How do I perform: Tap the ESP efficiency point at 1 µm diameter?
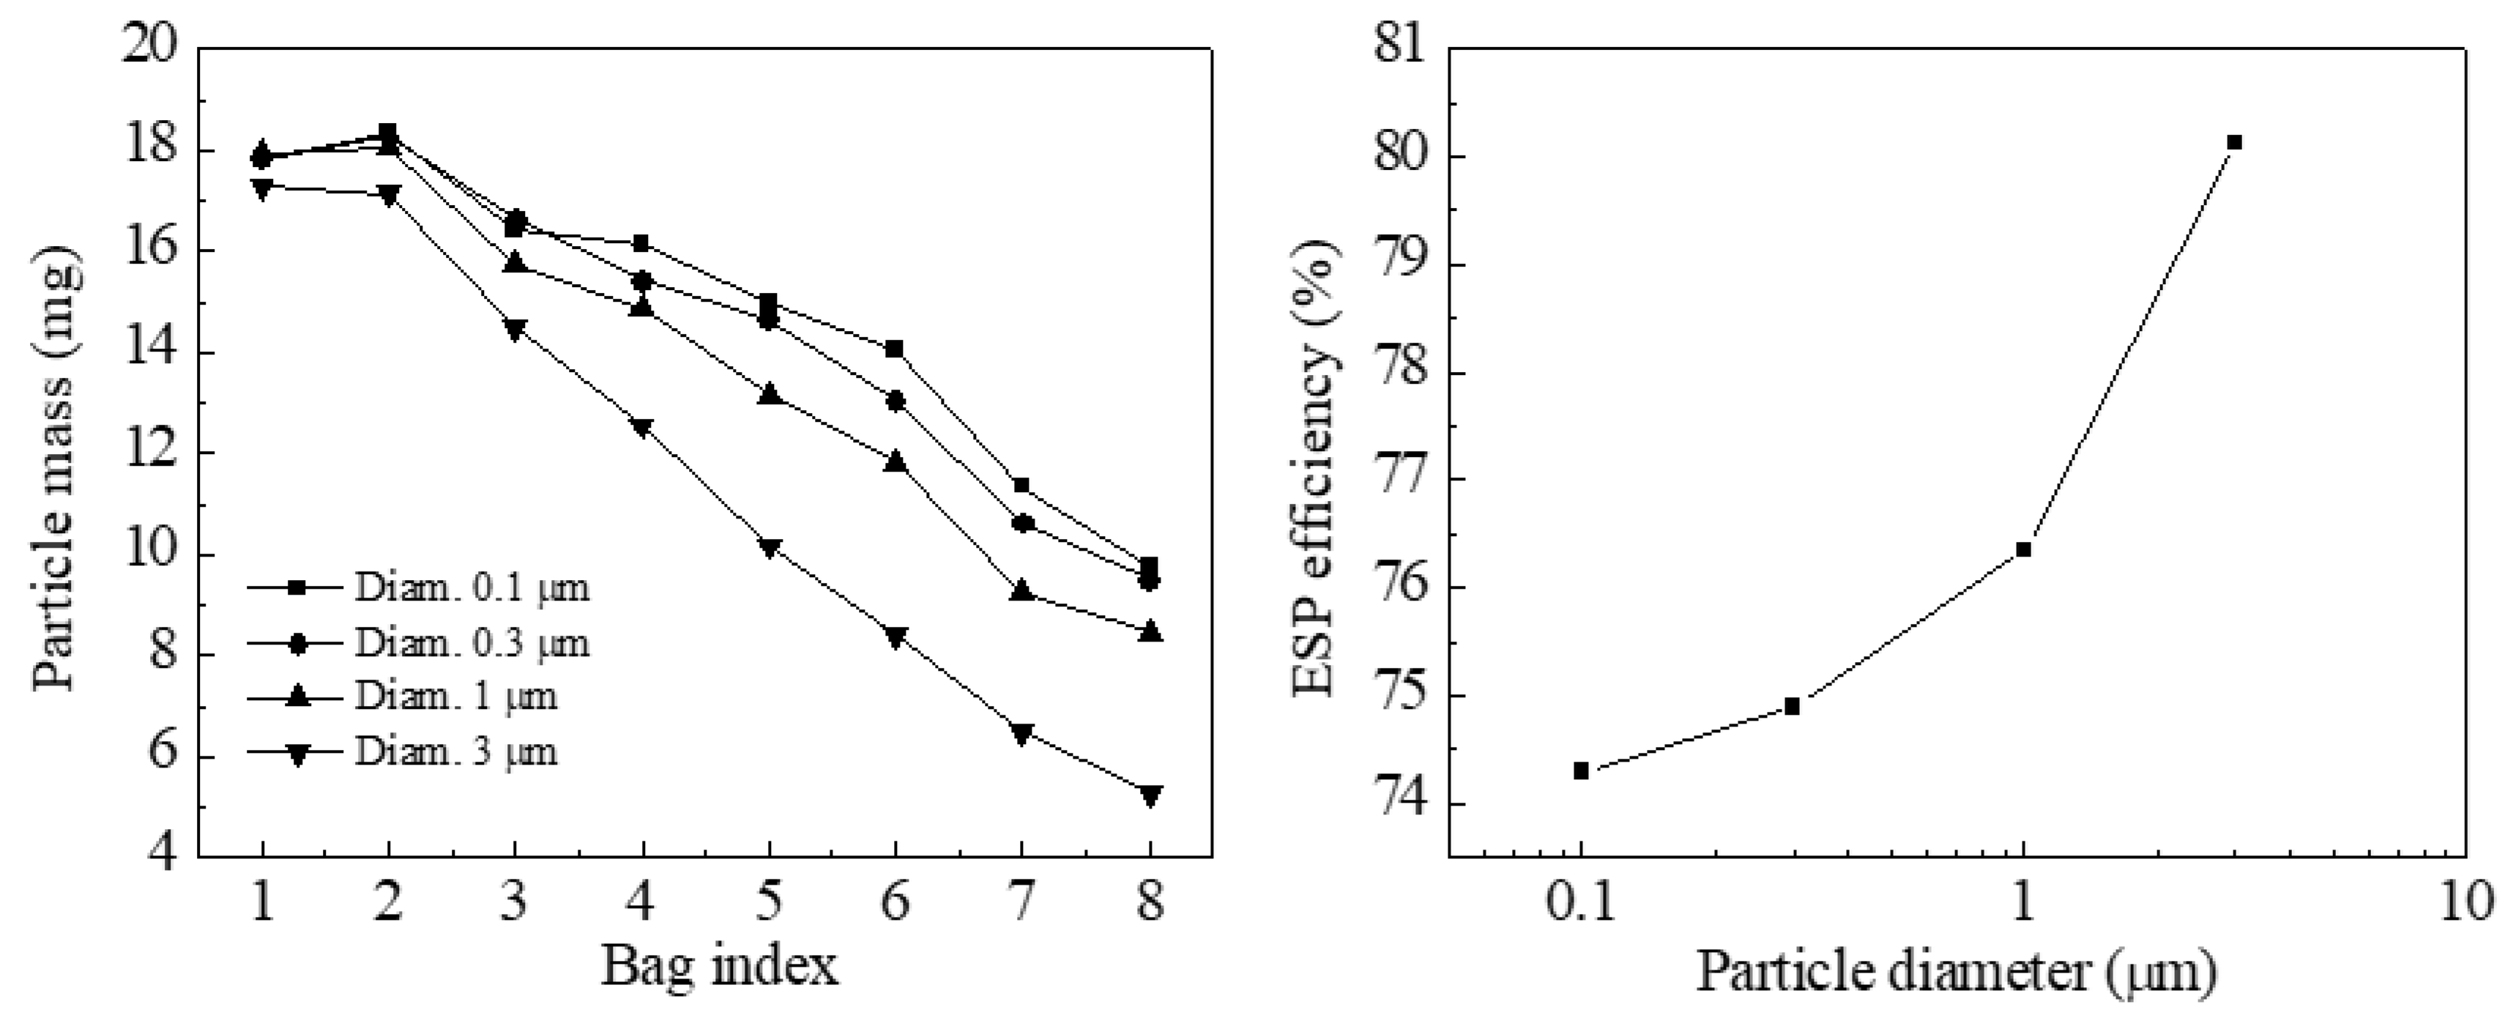(x=2024, y=549)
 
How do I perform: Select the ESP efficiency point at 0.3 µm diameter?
(x=1793, y=707)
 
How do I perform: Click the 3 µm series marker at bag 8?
(x=1150, y=795)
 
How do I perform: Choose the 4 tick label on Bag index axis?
(x=641, y=902)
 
